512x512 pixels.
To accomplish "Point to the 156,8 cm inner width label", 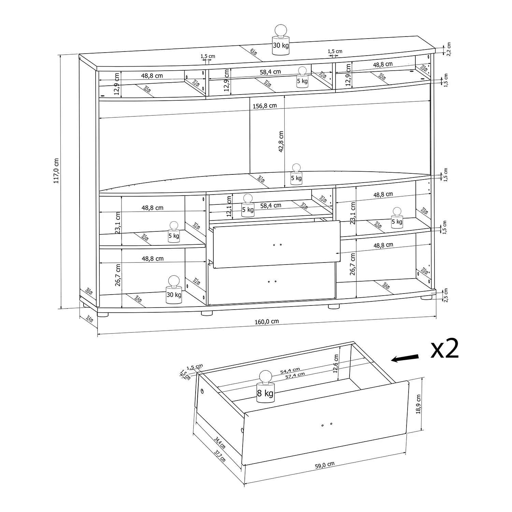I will coord(265,106).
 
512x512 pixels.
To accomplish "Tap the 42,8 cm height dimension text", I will coord(281,142).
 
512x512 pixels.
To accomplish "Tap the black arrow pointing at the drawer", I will coord(405,358).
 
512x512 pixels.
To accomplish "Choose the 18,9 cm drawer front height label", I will coord(419,404).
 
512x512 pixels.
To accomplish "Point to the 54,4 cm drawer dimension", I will coord(290,370).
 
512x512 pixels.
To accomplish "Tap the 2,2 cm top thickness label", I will coord(449,49).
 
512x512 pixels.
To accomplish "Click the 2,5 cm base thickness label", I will coord(445,295).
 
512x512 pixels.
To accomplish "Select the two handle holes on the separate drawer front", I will coord(327,424).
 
